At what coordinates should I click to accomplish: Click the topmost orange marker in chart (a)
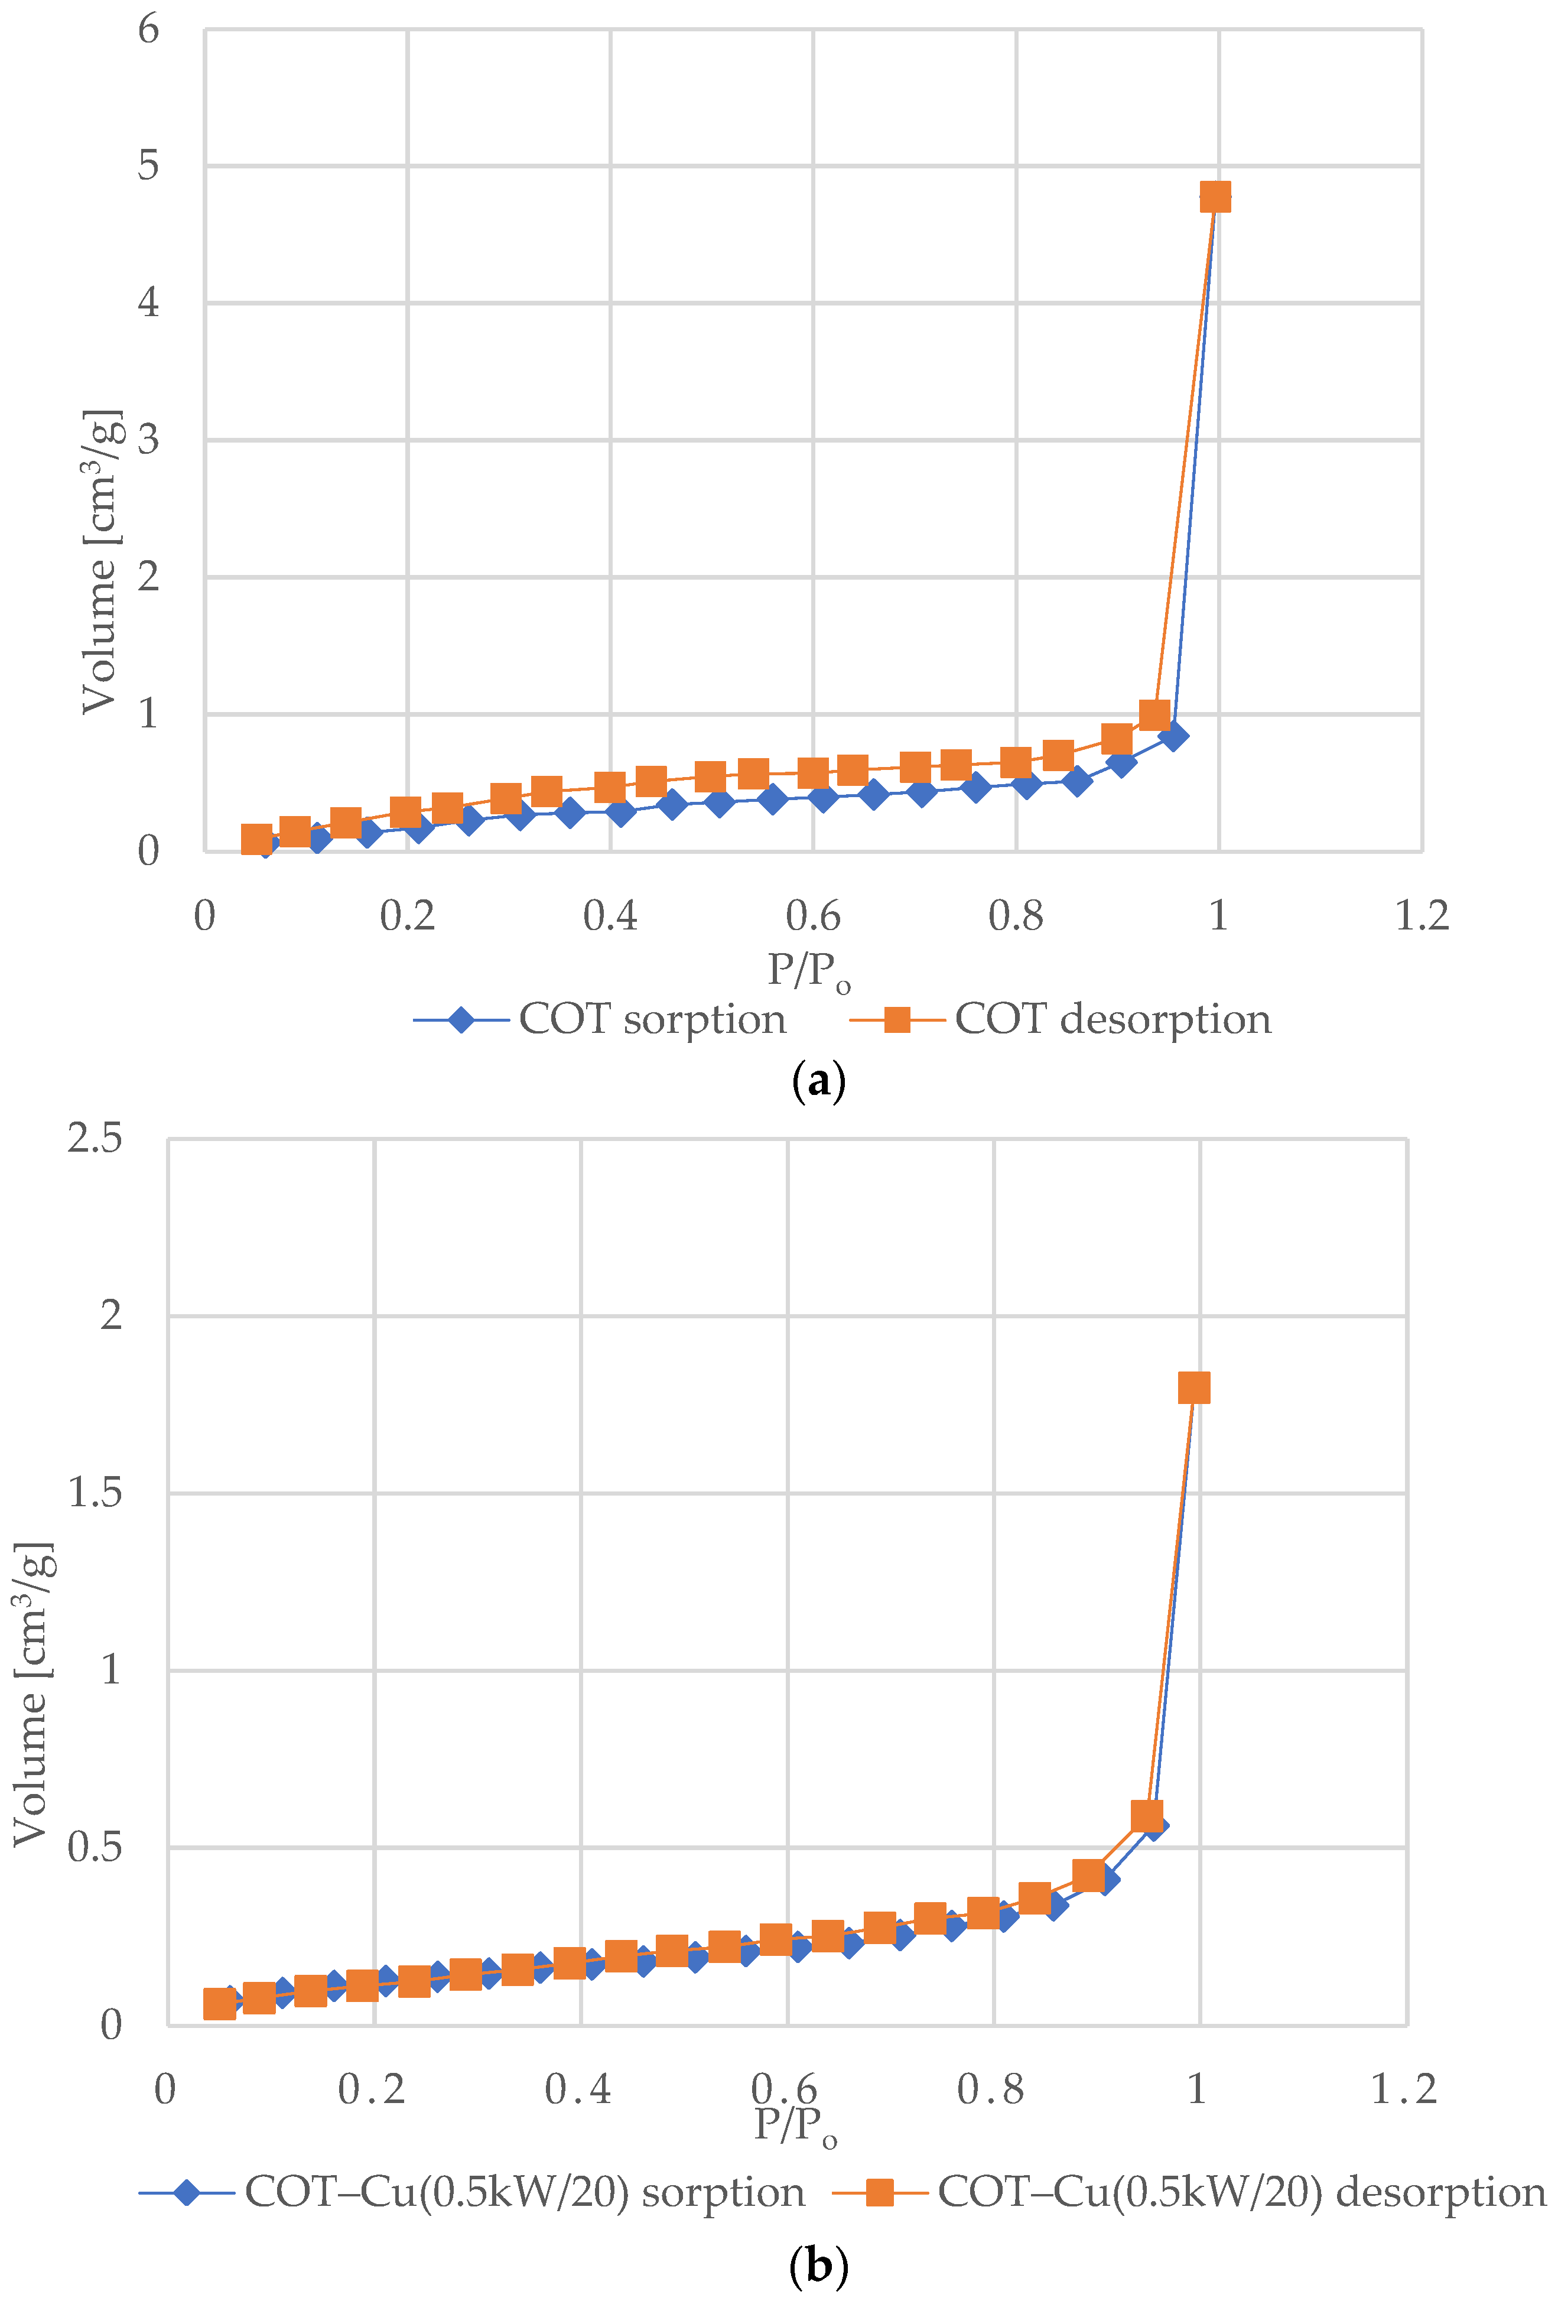pyautogui.click(x=1215, y=197)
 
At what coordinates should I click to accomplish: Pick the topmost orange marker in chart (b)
pyautogui.click(x=1193, y=1388)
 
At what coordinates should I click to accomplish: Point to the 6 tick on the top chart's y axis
pyautogui.click(x=148, y=30)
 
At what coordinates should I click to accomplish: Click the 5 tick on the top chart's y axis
pyautogui.click(x=148, y=166)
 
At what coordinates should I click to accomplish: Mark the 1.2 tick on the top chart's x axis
pyautogui.click(x=1422, y=915)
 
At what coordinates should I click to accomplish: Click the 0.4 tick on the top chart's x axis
pyautogui.click(x=610, y=915)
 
